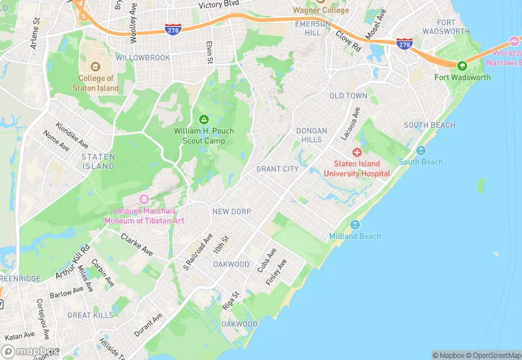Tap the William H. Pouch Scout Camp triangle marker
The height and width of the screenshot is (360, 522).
(203, 119)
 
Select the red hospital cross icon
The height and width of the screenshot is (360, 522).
(357, 152)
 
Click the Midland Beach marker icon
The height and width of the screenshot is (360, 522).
(355, 225)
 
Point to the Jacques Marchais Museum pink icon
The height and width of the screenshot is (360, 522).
(144, 199)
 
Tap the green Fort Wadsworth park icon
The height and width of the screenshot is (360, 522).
(462, 66)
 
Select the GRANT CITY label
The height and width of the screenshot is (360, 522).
(277, 169)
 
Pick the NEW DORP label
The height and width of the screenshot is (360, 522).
(231, 212)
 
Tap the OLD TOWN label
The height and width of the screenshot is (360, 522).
(348, 95)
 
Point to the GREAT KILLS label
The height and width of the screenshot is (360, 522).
(90, 315)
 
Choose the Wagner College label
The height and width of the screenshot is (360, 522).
(321, 10)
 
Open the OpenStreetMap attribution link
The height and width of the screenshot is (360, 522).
(493, 355)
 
